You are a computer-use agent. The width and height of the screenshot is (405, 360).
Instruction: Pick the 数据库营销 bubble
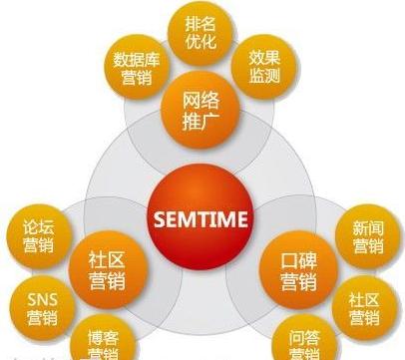click(133, 67)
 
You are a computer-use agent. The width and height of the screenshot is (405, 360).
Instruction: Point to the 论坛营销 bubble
click(40, 236)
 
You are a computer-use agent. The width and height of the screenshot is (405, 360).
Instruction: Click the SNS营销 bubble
click(41, 304)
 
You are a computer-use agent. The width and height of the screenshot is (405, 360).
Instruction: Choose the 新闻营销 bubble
click(366, 236)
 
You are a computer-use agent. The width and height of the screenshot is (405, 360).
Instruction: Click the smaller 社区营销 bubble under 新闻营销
click(367, 307)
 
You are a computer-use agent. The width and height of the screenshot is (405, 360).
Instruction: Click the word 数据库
click(133, 58)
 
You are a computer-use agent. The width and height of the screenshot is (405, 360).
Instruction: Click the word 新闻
click(366, 226)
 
